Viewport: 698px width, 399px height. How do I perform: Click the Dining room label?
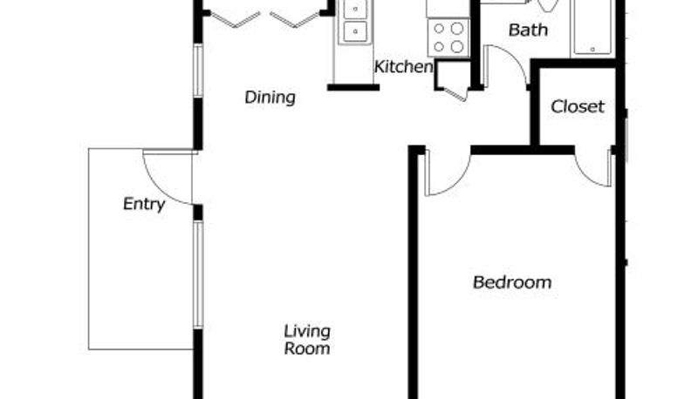[x=270, y=97]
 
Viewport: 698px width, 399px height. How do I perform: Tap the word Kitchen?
[x=403, y=67]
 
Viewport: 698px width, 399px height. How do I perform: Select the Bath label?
[x=528, y=30]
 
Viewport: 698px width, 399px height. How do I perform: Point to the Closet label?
[x=578, y=106]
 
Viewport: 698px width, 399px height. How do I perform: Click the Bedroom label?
[x=512, y=282]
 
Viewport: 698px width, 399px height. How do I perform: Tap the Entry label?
[x=144, y=204]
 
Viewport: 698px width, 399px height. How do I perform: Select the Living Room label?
[x=307, y=340]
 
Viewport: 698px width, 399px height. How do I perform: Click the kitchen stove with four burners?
[x=448, y=37]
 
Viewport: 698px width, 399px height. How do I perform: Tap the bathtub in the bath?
[x=593, y=28]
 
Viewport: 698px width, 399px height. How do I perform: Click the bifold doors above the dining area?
[x=265, y=19]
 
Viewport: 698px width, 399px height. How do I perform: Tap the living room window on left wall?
[x=198, y=275]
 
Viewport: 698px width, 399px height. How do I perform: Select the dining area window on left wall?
[x=198, y=71]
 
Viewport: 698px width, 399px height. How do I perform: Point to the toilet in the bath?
[x=548, y=5]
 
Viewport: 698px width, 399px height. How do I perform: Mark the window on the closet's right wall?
[x=625, y=136]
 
